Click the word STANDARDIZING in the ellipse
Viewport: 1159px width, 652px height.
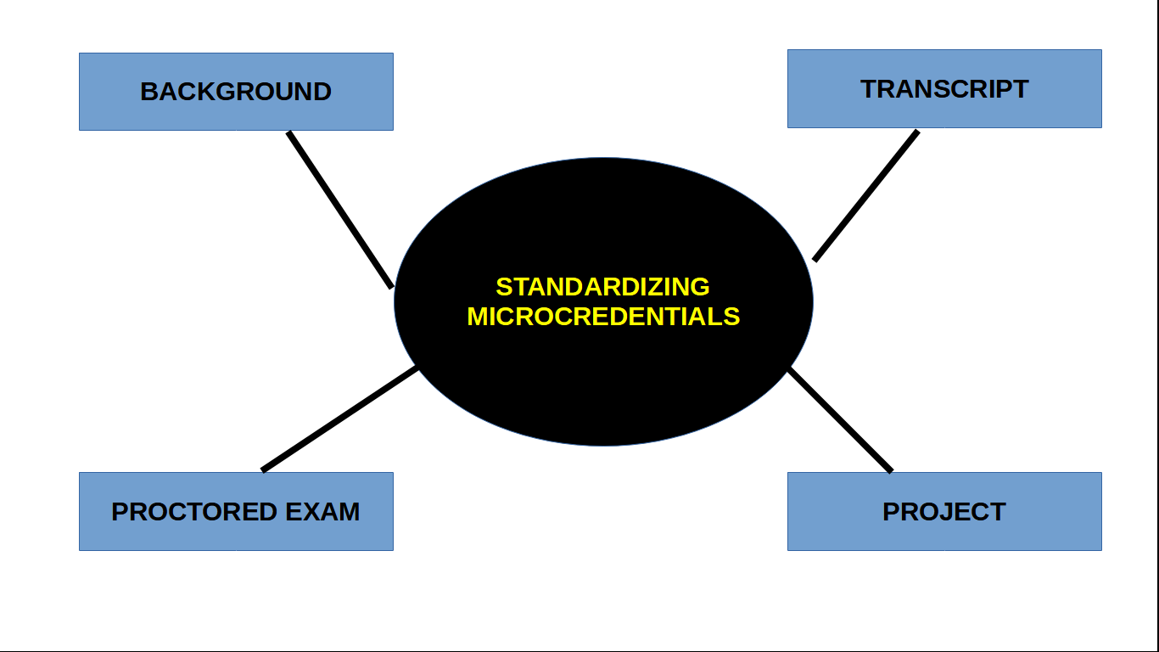(602, 287)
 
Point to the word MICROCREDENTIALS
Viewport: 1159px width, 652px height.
(603, 317)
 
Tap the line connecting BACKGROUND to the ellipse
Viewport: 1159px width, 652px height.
(340, 210)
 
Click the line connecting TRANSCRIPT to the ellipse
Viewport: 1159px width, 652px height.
(866, 195)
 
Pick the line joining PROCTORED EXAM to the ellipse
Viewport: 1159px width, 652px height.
(339, 419)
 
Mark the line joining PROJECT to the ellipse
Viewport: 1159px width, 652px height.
(840, 419)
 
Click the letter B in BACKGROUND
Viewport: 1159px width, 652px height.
(148, 92)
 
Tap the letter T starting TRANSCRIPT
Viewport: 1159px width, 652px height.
(868, 89)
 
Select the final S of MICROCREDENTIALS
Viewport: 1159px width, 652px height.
(733, 317)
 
